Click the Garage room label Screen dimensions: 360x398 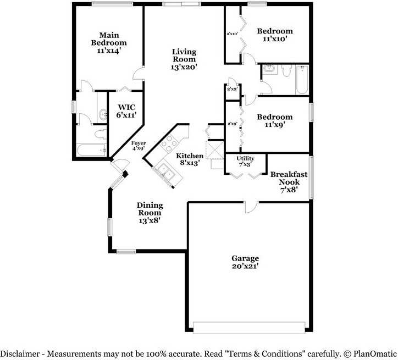[x=245, y=258]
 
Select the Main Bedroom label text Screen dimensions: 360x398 [x=108, y=38]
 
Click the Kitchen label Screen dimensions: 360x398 [x=190, y=156]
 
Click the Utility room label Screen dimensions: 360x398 [x=245, y=158]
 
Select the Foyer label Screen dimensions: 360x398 [x=139, y=143]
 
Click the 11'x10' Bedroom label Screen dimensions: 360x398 [x=275, y=31]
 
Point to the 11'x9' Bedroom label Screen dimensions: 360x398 [x=275, y=117]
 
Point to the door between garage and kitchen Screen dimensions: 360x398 [x=250, y=206]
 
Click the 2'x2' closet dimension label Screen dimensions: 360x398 [x=231, y=88]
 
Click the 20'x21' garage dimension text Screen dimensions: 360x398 [x=245, y=266]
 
